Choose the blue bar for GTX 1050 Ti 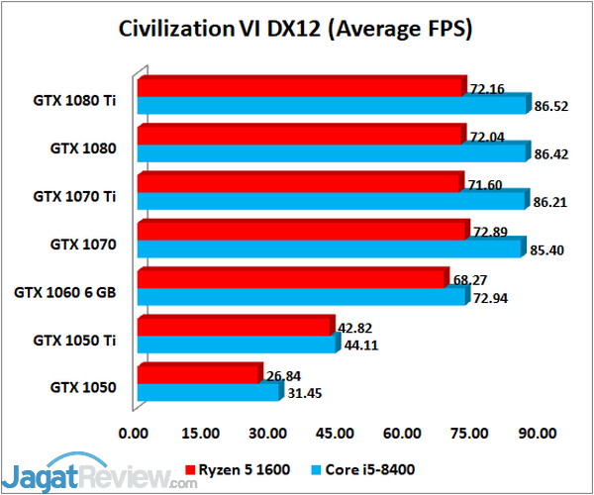(x=238, y=345)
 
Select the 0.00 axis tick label (x=133, y=433)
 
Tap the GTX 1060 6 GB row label (x=66, y=292)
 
